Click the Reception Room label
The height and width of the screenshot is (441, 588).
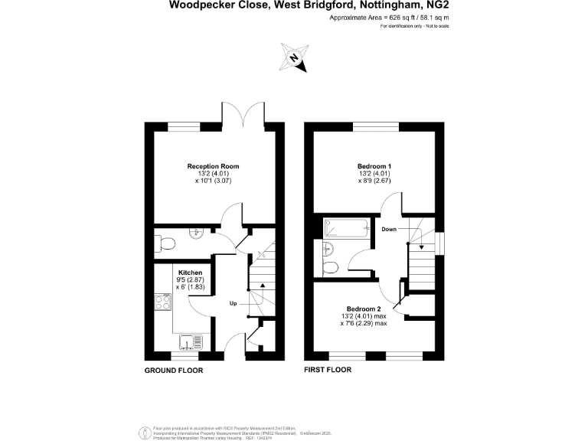[214, 166]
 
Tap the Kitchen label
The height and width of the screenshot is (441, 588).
[190, 273]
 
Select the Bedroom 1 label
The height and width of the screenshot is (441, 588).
[374, 166]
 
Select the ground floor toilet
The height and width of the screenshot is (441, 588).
[165, 243]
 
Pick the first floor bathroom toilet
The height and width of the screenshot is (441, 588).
[330, 267]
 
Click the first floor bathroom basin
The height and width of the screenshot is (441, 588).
[328, 247]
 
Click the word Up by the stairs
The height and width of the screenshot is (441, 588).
[233, 302]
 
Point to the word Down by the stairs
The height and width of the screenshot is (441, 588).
[389, 229]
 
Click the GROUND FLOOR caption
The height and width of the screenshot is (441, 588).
[174, 370]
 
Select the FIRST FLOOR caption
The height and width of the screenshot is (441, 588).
[327, 370]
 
